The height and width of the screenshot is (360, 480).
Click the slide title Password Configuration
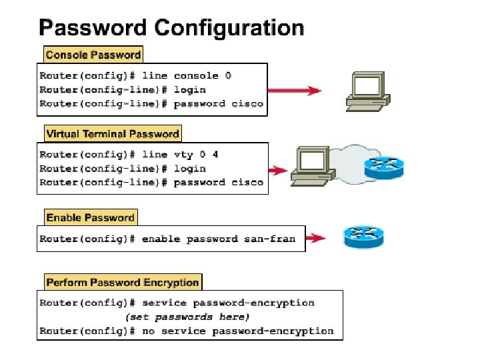[171, 27]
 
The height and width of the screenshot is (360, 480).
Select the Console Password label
[93, 55]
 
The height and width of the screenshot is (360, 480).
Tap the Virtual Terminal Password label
[113, 134]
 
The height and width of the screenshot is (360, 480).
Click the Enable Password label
[90, 217]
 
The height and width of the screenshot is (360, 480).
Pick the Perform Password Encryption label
[123, 282]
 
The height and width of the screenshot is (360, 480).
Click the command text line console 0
[203, 75]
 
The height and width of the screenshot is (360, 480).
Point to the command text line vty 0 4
[196, 155]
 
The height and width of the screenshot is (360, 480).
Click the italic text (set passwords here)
[187, 317]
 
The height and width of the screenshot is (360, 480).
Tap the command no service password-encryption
[238, 331]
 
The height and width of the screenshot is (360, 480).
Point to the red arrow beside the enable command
[316, 238]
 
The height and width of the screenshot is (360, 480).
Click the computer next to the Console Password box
[366, 90]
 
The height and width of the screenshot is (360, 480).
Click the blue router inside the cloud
[384, 167]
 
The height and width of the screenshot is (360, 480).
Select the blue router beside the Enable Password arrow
[363, 237]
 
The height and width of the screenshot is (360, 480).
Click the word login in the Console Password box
[190, 89]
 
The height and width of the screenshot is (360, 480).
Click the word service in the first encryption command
[164, 303]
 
